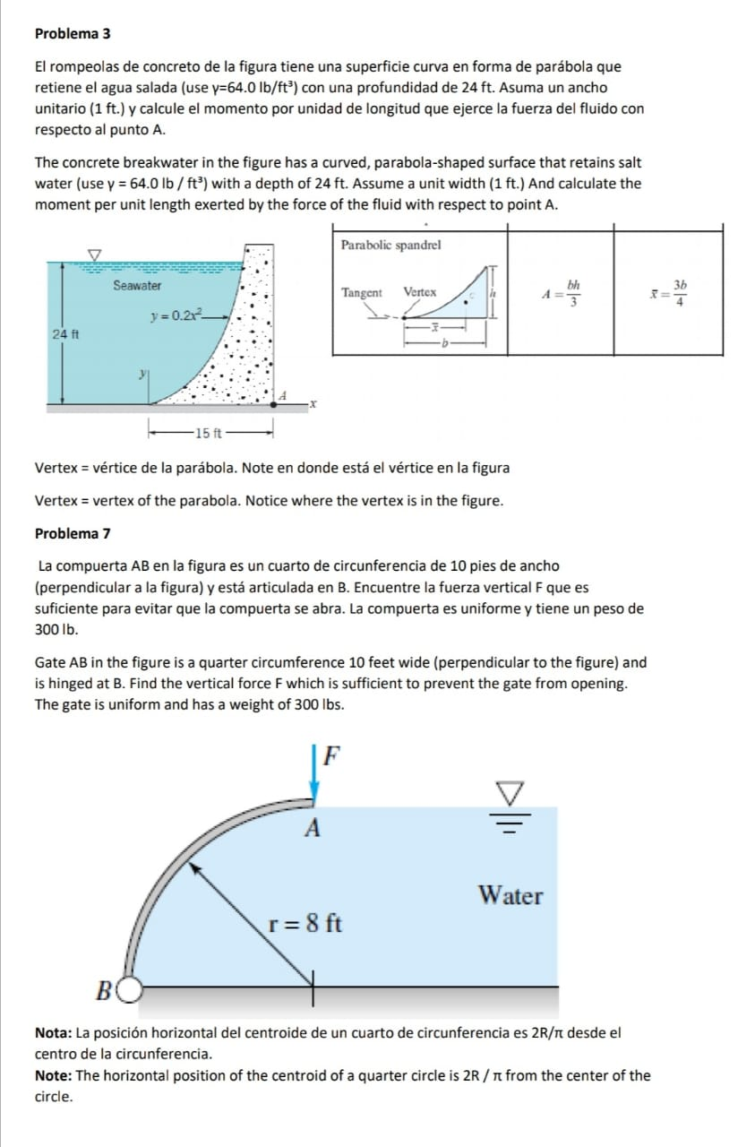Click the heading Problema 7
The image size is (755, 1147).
(73, 534)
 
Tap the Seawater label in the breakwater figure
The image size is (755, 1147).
(137, 285)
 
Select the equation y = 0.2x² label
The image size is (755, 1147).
(176, 315)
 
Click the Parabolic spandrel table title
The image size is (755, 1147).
(390, 245)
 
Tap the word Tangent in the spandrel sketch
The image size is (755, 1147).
(361, 293)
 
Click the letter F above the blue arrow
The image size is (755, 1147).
(331, 755)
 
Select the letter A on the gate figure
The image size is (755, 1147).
(313, 827)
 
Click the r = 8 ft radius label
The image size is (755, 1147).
(305, 922)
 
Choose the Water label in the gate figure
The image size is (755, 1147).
(510, 895)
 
